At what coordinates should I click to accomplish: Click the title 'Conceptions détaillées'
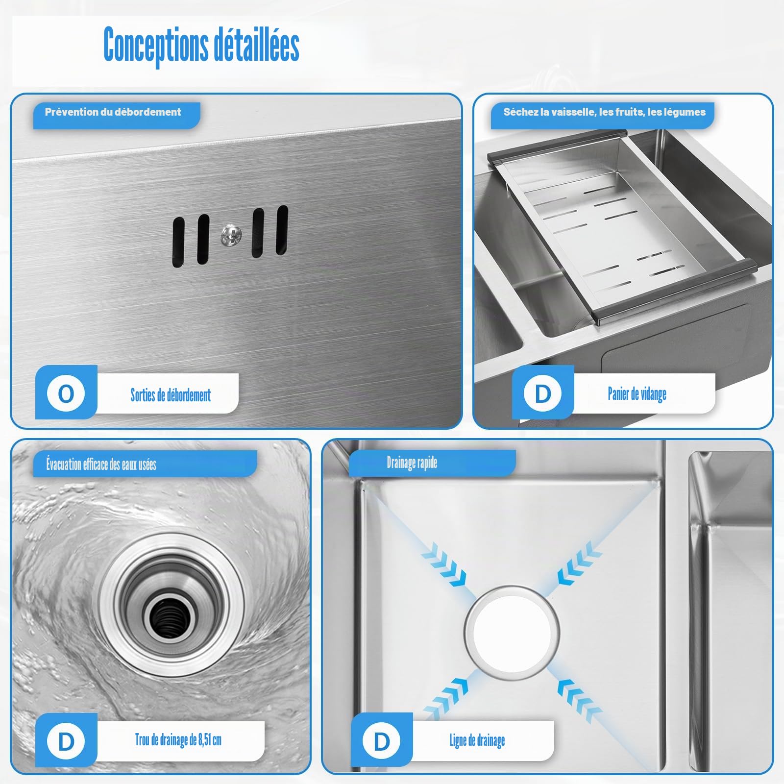(201, 45)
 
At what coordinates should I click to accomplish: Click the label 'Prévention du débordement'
(113, 112)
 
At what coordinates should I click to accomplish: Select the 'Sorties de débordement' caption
(171, 394)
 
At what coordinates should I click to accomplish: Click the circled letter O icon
(66, 393)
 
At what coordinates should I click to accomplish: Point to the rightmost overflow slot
(282, 229)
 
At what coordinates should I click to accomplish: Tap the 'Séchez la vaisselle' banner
(604, 112)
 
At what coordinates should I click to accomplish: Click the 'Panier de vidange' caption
(637, 393)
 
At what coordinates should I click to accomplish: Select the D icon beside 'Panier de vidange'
(542, 393)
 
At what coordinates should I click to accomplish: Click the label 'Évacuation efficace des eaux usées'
(101, 464)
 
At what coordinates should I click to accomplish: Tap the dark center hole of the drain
(166, 619)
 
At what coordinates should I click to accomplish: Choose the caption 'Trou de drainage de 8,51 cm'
(178, 740)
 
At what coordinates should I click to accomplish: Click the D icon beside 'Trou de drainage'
(66, 742)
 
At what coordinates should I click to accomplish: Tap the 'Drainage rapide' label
(412, 462)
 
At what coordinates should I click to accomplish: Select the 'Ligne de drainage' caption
(477, 740)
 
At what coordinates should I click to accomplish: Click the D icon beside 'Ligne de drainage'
(382, 742)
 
